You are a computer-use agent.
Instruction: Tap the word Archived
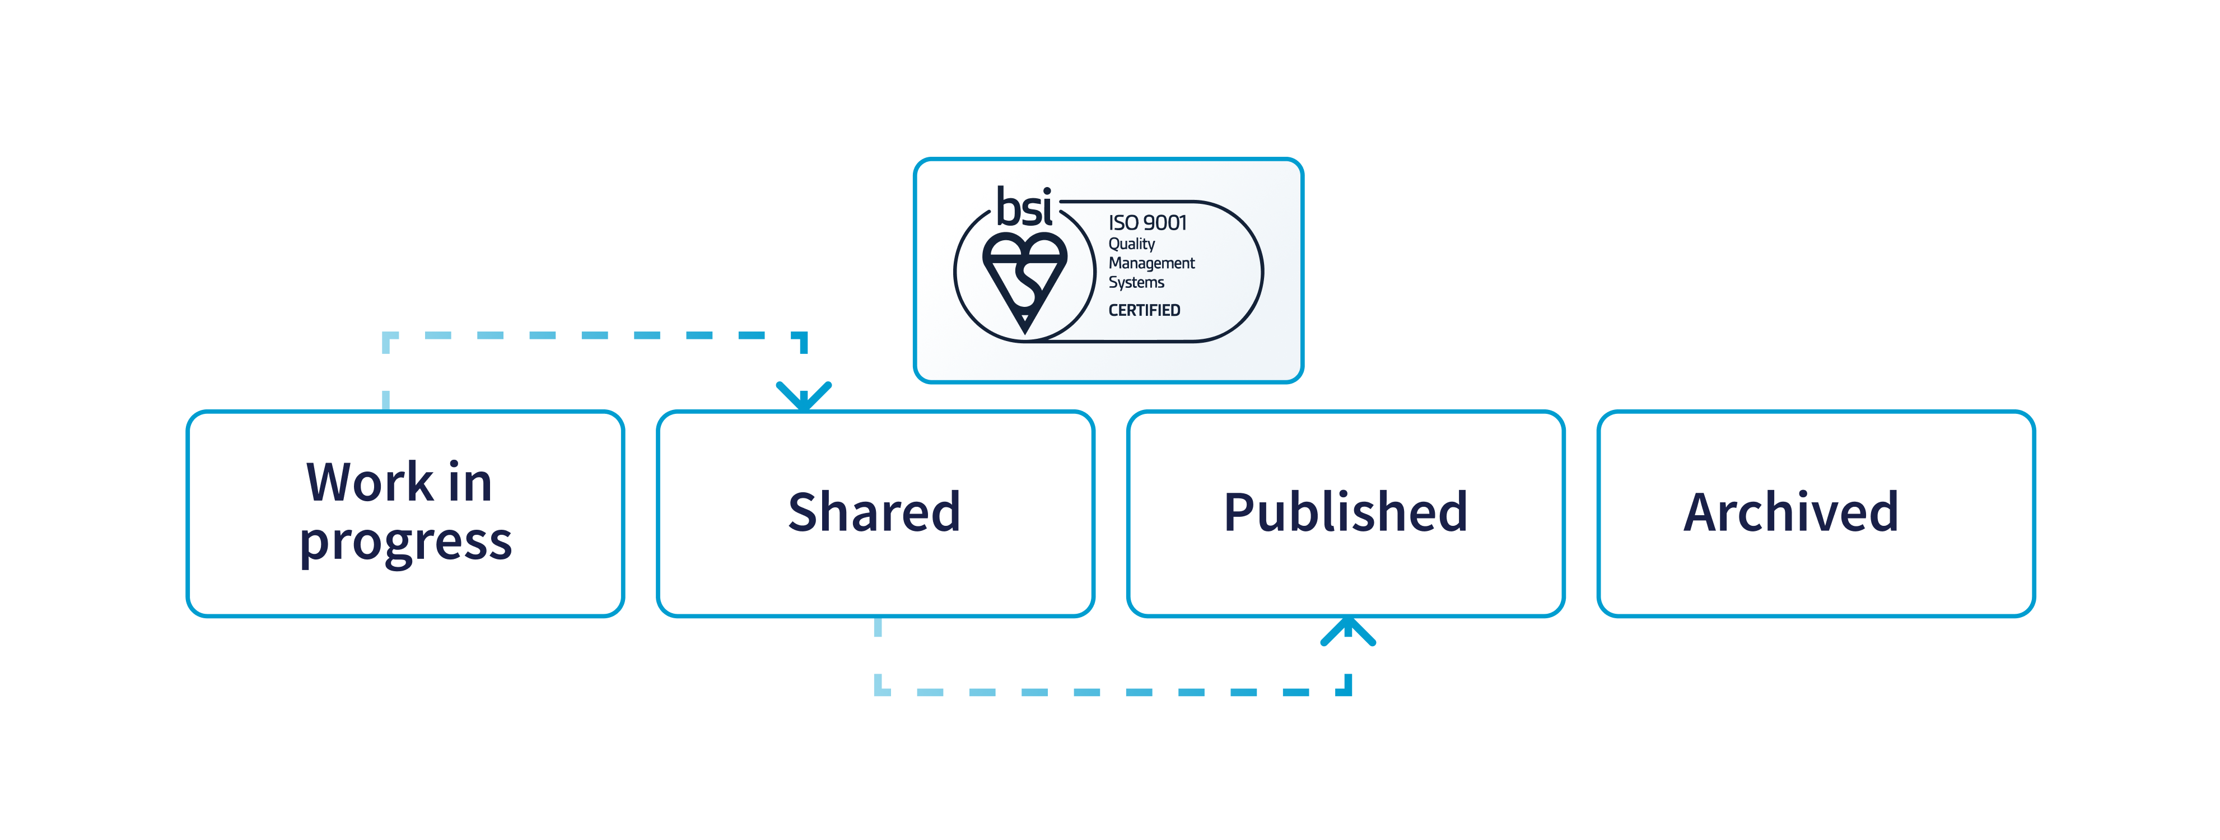(x=1791, y=512)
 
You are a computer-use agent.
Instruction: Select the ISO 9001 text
(x=1147, y=223)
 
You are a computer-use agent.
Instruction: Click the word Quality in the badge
(x=1131, y=244)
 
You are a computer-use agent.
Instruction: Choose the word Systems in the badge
(x=1136, y=283)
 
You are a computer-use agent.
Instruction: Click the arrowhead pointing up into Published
(x=1348, y=630)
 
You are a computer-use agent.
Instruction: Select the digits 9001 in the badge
(x=1165, y=223)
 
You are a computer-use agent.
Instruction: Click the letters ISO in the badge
(x=1124, y=223)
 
